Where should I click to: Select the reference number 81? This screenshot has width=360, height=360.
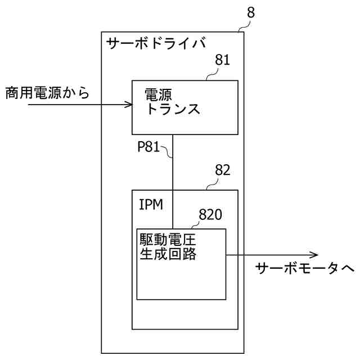click(223, 60)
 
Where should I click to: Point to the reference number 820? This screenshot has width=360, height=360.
click(211, 214)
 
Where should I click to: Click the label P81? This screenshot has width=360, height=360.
click(149, 146)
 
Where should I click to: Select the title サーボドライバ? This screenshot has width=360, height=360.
click(156, 42)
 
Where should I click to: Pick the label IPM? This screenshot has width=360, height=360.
click(151, 204)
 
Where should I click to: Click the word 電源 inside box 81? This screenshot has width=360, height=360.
click(159, 94)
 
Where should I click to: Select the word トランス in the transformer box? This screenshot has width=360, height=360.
click(173, 109)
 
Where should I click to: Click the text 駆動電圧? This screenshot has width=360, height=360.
click(168, 240)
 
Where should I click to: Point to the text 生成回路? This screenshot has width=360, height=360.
click(168, 254)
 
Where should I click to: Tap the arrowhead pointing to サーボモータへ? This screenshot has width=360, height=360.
click(242, 254)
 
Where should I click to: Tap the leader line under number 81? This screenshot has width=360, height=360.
click(211, 75)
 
